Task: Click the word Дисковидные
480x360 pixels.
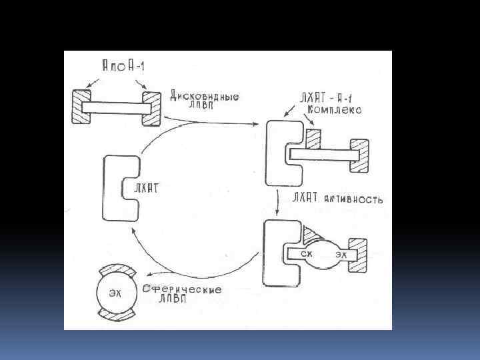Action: (205, 96)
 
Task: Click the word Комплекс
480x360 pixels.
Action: (335, 111)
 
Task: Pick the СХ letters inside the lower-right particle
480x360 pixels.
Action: (306, 253)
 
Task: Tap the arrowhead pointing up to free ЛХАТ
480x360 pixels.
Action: (135, 229)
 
